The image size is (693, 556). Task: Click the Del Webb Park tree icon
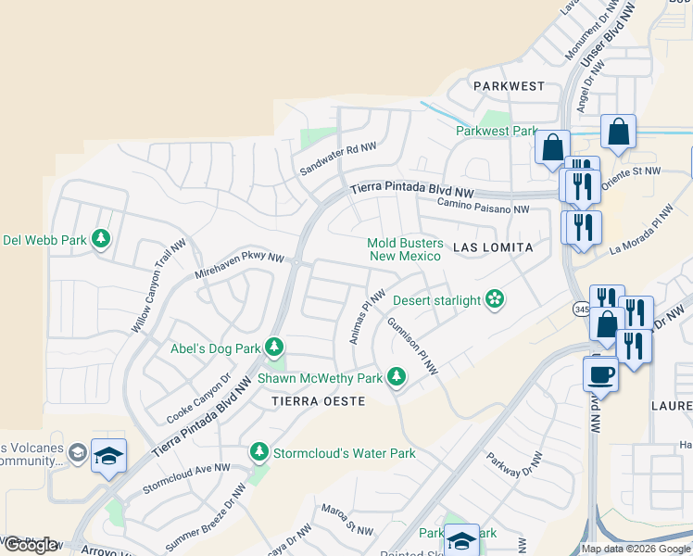point(101,240)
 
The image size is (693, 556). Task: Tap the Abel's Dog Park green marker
point(274,347)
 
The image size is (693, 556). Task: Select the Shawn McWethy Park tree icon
point(396,377)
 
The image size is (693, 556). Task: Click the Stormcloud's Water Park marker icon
point(259,452)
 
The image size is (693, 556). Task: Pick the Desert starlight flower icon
point(496,299)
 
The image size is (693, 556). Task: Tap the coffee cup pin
point(600,373)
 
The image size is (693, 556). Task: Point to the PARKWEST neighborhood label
point(509,86)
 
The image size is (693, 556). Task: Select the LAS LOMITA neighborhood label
point(493,247)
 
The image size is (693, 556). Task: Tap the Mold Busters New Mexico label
point(404,249)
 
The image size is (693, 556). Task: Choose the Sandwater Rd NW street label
point(338,159)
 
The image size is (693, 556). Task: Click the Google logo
point(31,545)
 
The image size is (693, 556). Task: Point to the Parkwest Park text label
point(497,131)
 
